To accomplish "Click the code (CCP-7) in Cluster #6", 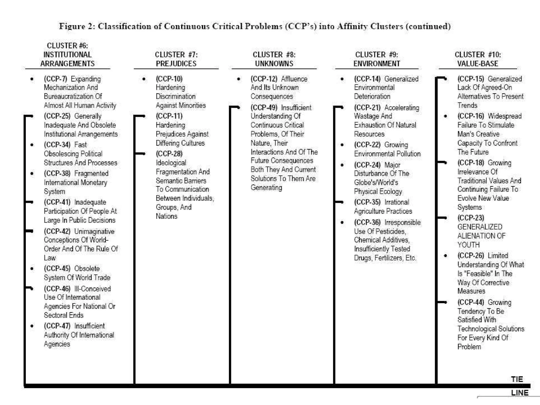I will pos(55,79).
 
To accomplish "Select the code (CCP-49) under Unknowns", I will pos(264,108).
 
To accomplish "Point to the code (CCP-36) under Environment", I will pos(367,222).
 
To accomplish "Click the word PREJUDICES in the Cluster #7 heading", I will pos(176,64).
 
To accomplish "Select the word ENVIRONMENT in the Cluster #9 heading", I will pos(377,64).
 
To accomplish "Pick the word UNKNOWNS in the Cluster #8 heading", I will pos(274,64).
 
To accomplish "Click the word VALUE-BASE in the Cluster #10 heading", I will pos(478,64).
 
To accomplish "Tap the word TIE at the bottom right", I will pos(517,379).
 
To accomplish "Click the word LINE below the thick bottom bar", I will pos(520,393).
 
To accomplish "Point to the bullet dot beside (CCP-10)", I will pos(144,79).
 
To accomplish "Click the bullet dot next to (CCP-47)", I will pos(32,326).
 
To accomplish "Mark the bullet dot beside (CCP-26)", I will pos(445,255).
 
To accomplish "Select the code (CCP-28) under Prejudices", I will pos(169,153).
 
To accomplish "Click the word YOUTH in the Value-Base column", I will pos(469,245).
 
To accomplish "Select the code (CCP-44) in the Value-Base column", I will pos(471,302).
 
